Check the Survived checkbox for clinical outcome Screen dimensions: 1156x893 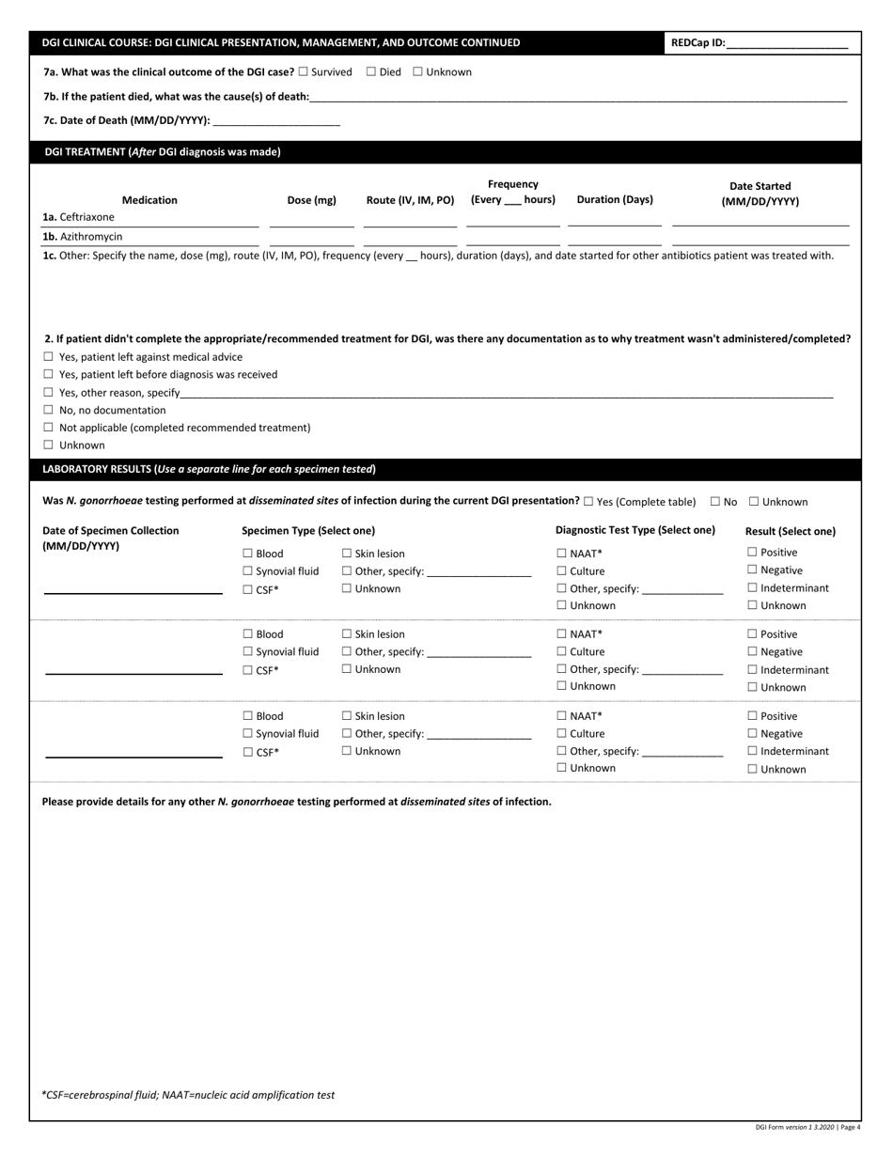click(x=303, y=72)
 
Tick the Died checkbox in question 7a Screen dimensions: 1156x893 click(x=370, y=72)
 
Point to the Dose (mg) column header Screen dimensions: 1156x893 click(x=311, y=200)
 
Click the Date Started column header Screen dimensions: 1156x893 click(x=760, y=194)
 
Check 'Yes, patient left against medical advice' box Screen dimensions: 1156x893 click(x=49, y=357)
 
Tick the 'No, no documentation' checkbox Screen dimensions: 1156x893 click(x=49, y=411)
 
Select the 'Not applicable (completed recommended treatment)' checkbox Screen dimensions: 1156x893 click(x=49, y=428)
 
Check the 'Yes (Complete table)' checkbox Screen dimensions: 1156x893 click(x=588, y=502)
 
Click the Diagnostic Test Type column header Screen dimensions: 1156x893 click(x=634, y=530)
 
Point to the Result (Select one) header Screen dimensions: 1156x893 click(x=790, y=531)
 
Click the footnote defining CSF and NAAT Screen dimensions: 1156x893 click(x=188, y=1095)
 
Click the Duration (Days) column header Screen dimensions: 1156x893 click(x=614, y=199)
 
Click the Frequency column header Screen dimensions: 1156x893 click(x=512, y=192)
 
